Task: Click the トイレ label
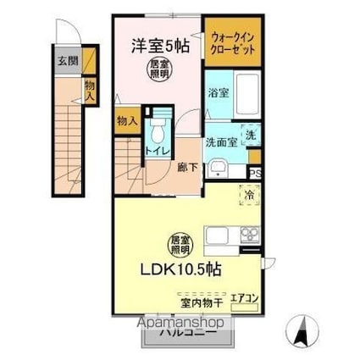tap(156, 151)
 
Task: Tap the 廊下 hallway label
tap(187, 168)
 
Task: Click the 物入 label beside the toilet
tap(127, 121)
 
